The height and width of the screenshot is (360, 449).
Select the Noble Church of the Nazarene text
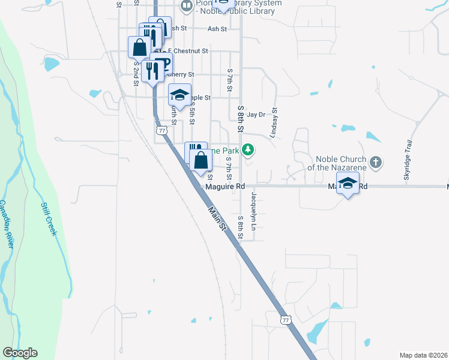click(340, 163)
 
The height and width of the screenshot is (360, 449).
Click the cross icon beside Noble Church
click(375, 161)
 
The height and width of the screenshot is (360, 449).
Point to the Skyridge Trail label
click(411, 159)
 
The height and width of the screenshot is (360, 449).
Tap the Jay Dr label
click(256, 114)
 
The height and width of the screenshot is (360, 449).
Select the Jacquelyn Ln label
click(253, 212)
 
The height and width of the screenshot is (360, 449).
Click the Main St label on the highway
click(217, 218)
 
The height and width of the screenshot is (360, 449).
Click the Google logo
click(20, 353)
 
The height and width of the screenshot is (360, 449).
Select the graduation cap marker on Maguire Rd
click(348, 183)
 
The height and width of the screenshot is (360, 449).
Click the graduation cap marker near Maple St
click(179, 95)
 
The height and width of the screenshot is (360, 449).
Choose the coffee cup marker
click(162, 63)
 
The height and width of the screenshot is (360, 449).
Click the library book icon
click(186, 7)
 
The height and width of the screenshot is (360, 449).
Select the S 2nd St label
click(137, 73)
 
